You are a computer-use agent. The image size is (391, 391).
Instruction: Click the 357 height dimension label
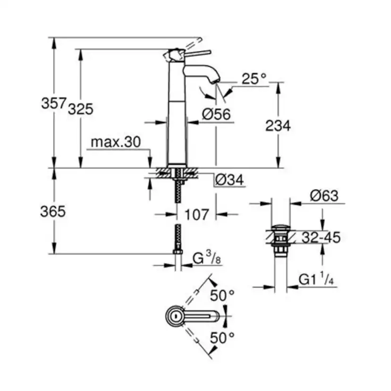pyautogui.click(x=53, y=103)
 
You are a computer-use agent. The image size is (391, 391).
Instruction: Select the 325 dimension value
pyautogui.click(x=80, y=109)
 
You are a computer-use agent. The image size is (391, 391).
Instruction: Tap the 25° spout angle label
pyautogui.click(x=254, y=79)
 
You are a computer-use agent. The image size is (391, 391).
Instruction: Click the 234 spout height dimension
pyautogui.click(x=278, y=126)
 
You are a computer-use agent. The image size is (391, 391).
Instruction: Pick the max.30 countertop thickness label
pyautogui.click(x=116, y=142)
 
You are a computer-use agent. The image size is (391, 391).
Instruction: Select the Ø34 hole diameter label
pyautogui.click(x=230, y=180)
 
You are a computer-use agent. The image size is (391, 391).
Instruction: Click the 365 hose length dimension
pyautogui.click(x=53, y=212)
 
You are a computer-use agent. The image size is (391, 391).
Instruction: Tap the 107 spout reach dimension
pyautogui.click(x=195, y=214)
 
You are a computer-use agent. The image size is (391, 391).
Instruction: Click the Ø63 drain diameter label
pyautogui.click(x=324, y=195)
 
